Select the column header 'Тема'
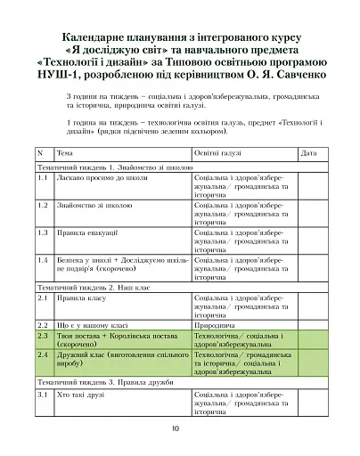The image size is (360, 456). coord(64,153)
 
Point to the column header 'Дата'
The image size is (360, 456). coord(308,153)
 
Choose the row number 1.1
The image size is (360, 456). coord(43,178)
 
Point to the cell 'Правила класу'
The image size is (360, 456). coord(81,300)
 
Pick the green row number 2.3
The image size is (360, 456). coord(43,338)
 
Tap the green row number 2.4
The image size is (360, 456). coord(43,354)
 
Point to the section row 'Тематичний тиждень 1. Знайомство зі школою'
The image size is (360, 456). coord(113,167)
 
